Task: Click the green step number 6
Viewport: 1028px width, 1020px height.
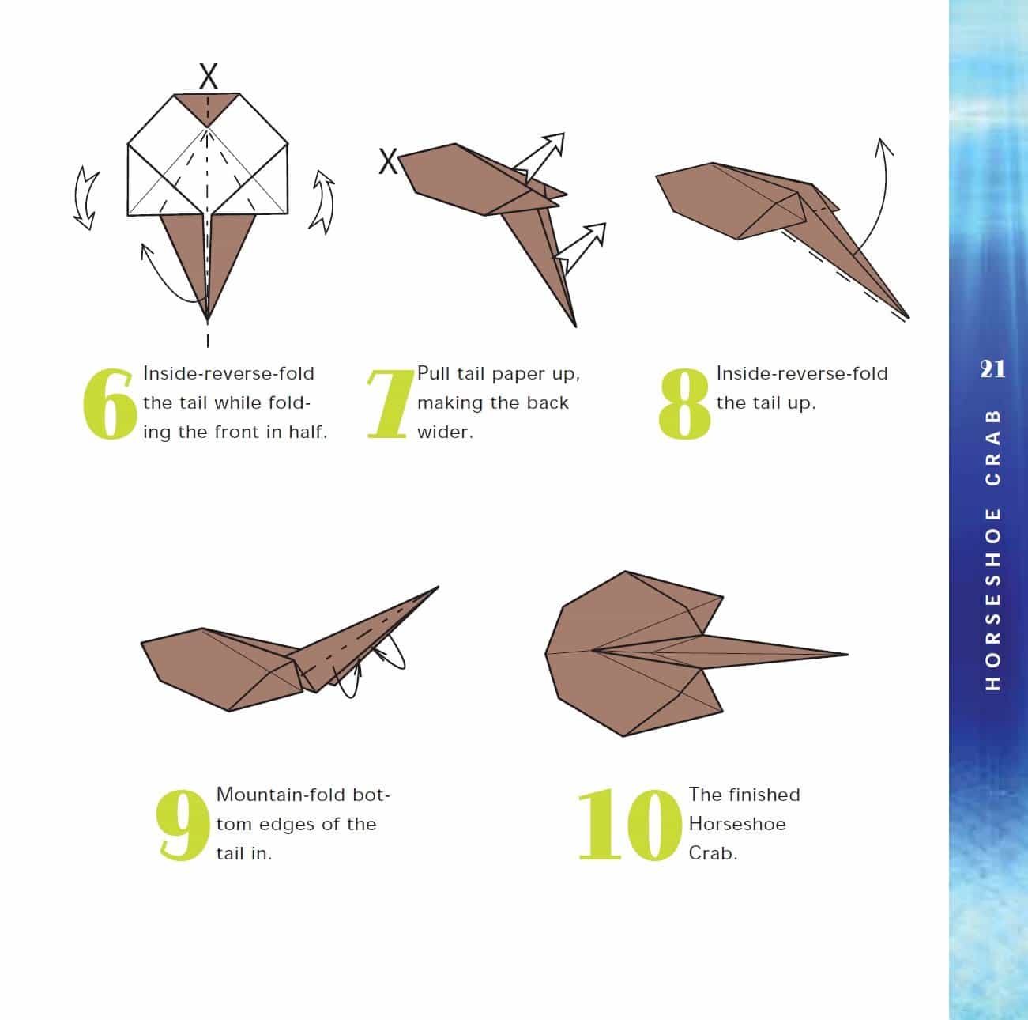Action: [x=109, y=404]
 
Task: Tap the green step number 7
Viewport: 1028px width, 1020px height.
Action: [x=391, y=404]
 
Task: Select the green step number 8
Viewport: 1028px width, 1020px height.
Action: [x=685, y=404]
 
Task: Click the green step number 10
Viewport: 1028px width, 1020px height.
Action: [x=630, y=825]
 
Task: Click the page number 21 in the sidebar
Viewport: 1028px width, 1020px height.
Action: [x=992, y=369]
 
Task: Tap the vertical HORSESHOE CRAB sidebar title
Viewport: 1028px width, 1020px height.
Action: [x=992, y=550]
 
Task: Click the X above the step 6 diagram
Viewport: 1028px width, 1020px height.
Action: [x=208, y=76]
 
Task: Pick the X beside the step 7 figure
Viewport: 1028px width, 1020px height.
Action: [x=388, y=161]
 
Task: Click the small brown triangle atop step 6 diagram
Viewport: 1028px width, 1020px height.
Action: [x=207, y=108]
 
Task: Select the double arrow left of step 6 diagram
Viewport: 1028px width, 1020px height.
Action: [x=85, y=198]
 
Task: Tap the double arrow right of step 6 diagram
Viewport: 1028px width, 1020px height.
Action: [x=322, y=202]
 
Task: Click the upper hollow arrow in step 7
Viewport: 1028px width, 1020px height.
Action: [x=539, y=157]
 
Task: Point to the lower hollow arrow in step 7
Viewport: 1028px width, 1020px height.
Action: [x=581, y=248]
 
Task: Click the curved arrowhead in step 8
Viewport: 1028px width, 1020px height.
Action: [x=883, y=146]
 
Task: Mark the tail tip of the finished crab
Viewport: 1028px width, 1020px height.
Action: [x=847, y=654]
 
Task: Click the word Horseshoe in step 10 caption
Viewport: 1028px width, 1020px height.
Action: [x=737, y=824]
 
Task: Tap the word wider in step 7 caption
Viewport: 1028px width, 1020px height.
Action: [x=445, y=432]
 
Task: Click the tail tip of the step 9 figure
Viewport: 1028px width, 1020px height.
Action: [x=438, y=587]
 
